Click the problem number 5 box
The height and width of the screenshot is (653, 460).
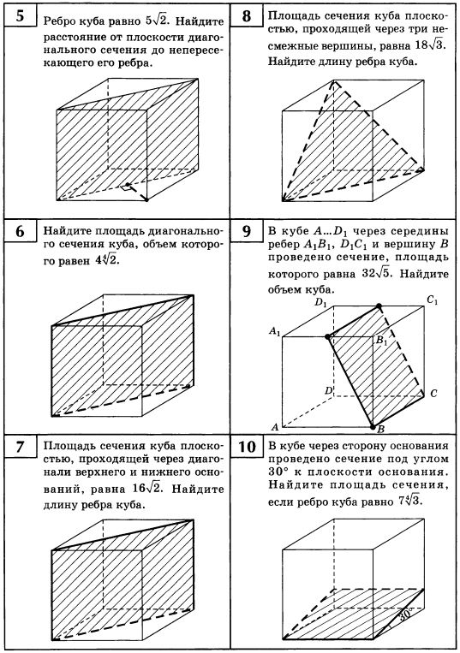[21, 15]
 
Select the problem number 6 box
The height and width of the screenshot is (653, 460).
[21, 231]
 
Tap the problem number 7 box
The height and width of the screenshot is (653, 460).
[21, 447]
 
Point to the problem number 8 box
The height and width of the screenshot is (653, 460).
[247, 15]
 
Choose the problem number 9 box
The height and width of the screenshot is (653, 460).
[247, 231]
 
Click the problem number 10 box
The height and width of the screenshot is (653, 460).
[247, 447]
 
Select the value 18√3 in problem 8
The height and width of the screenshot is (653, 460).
[430, 45]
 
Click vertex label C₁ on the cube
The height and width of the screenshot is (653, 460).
[432, 300]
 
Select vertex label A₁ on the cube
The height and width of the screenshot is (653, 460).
[275, 332]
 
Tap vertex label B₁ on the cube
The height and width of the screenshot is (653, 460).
[382, 341]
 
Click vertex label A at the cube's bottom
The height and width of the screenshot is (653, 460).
[275, 427]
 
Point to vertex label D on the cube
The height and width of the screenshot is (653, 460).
[328, 390]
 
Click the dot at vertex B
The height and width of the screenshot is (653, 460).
[373, 426]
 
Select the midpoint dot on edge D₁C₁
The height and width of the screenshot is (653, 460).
[379, 306]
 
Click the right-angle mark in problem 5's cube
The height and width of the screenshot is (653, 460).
[124, 188]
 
